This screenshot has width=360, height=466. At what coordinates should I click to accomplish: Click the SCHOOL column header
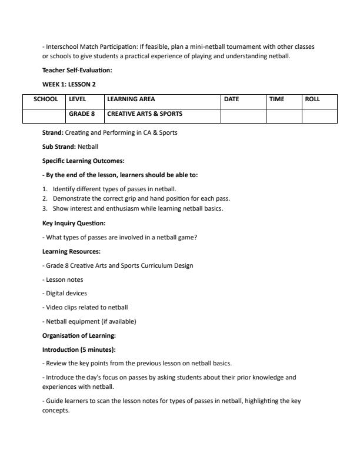[46, 99]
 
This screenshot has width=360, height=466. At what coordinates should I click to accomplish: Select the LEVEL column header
[77, 99]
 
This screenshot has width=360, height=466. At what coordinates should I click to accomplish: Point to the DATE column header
[232, 99]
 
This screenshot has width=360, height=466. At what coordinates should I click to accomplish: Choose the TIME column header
[276, 99]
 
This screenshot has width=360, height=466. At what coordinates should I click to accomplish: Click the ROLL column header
[312, 99]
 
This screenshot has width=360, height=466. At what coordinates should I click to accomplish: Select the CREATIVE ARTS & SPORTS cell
[145, 114]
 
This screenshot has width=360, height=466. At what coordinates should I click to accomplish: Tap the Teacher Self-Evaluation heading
[77, 71]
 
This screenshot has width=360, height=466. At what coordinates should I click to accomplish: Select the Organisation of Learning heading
[79, 335]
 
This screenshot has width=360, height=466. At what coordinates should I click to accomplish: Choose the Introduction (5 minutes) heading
[79, 349]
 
